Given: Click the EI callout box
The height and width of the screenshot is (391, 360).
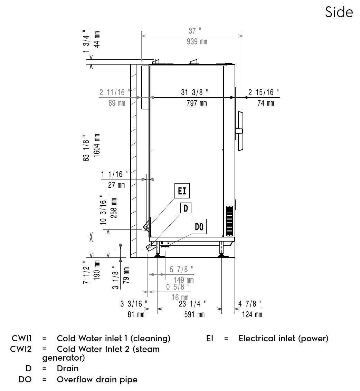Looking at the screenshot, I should (182, 191).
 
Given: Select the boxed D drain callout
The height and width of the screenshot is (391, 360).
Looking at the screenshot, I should (186, 208).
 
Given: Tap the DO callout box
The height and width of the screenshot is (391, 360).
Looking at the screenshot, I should (199, 227).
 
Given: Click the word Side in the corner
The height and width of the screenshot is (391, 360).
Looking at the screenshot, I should (339, 12).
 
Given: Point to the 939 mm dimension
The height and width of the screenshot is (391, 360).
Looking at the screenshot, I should (197, 42).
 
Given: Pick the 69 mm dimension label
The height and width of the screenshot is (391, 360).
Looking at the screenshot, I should (116, 103).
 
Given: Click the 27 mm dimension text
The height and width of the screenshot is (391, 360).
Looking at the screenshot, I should (116, 185).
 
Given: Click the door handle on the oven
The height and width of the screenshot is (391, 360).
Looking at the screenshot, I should (240, 131).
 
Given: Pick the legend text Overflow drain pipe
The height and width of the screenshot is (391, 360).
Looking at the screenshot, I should (97, 380).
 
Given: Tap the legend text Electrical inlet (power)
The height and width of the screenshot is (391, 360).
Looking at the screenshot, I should (283, 339).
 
